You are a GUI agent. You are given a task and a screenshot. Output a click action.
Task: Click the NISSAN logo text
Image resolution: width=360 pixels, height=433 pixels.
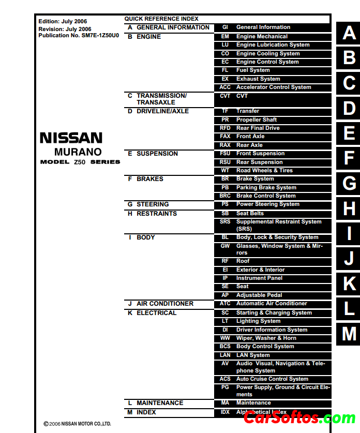pyautogui.click(x=71, y=138)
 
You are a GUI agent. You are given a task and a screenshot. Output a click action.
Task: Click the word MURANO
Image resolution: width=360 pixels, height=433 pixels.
pyautogui.click(x=78, y=152)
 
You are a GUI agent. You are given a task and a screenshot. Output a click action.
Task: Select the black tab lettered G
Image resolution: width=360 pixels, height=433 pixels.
pyautogui.click(x=349, y=183)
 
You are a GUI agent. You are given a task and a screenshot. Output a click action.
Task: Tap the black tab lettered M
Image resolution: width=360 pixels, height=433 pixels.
pyautogui.click(x=349, y=334)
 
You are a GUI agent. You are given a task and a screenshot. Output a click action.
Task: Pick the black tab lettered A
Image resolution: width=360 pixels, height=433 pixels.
pyautogui.click(x=349, y=33)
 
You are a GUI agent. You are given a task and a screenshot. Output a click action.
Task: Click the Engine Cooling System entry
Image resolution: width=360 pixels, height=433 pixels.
pyautogui.click(x=268, y=53)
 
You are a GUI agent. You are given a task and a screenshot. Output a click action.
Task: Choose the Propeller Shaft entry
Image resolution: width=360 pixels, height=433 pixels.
pyautogui.click(x=257, y=120)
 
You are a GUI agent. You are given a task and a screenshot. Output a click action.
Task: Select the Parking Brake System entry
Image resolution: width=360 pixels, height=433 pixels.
pyautogui.click(x=266, y=187)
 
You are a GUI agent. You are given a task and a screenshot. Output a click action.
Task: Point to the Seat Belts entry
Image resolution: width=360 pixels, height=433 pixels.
pyautogui.click(x=250, y=213)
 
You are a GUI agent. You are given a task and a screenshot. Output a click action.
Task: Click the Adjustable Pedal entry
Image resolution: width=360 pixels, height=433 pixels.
pyautogui.click(x=259, y=295)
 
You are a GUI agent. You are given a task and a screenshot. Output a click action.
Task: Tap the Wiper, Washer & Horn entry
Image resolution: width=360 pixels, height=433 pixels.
pyautogui.click(x=266, y=338)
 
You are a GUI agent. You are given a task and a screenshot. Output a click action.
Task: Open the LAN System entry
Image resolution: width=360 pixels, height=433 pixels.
pyautogui.click(x=253, y=355)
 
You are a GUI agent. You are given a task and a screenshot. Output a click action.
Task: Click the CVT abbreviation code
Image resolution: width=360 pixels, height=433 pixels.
pyautogui.click(x=225, y=96)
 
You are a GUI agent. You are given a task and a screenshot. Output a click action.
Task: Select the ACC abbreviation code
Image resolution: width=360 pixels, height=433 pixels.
pyautogui.click(x=225, y=87)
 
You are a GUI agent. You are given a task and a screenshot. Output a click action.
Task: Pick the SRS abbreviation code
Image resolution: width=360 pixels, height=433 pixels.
pyautogui.click(x=225, y=221)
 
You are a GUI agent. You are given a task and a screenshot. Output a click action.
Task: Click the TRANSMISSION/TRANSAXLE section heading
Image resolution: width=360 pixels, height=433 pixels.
pyautogui.click(x=161, y=99)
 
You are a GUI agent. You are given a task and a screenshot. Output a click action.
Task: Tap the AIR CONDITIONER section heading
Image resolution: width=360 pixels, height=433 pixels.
pyautogui.click(x=164, y=304)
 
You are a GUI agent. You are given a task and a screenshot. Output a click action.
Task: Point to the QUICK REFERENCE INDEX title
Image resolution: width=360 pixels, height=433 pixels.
pyautogui.click(x=161, y=19)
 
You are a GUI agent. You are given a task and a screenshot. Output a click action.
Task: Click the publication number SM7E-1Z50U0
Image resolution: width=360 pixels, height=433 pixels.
pyautogui.click(x=100, y=36)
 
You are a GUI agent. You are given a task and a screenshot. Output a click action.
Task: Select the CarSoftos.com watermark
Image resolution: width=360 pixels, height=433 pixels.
pyautogui.click(x=299, y=417)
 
